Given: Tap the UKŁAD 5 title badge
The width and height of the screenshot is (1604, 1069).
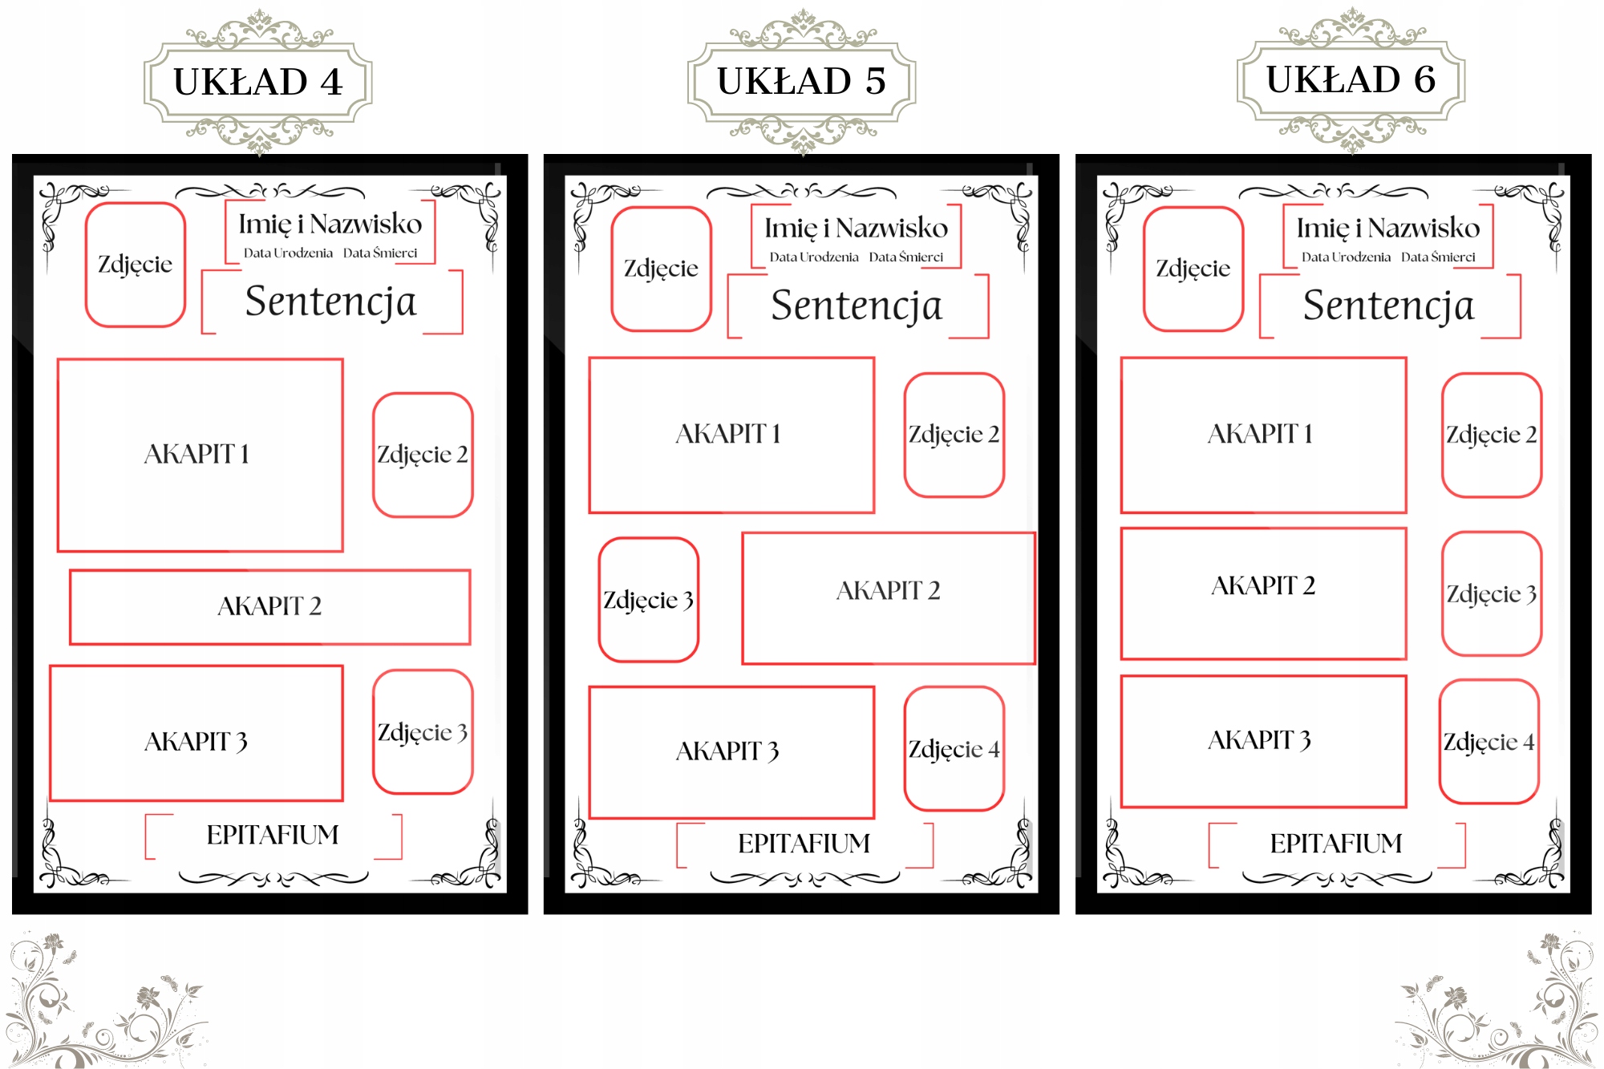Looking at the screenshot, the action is pyautogui.click(x=801, y=82).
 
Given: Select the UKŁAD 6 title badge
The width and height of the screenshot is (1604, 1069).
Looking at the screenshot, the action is pyautogui.click(x=1351, y=80).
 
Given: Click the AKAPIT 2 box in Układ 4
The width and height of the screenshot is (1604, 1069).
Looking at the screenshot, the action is pyautogui.click(x=269, y=607).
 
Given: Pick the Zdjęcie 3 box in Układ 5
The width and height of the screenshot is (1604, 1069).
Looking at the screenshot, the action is pyautogui.click(x=648, y=600).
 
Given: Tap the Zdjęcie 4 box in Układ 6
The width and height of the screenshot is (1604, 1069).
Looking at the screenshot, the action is pyautogui.click(x=1489, y=742).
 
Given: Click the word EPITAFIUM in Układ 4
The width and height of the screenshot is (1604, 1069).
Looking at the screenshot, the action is pyautogui.click(x=273, y=836).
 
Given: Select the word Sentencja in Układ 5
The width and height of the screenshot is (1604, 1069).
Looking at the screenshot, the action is pyautogui.click(x=857, y=306).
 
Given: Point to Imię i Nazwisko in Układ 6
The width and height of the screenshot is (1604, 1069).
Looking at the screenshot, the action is pyautogui.click(x=1387, y=229).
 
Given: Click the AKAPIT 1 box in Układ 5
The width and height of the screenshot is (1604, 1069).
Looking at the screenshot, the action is pyautogui.click(x=731, y=435).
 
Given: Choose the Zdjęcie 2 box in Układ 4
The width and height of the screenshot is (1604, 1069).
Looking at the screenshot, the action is pyautogui.click(x=423, y=455).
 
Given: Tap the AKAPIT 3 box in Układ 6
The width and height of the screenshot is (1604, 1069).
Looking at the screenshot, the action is pyautogui.click(x=1263, y=741).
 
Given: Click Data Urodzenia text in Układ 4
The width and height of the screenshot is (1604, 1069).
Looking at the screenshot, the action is pyautogui.click(x=288, y=253).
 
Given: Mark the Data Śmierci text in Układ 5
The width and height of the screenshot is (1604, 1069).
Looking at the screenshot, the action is pyautogui.click(x=905, y=257).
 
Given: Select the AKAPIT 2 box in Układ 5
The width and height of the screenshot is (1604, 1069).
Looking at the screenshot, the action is pyautogui.click(x=888, y=598).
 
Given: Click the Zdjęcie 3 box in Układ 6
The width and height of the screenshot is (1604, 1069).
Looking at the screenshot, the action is pyautogui.click(x=1491, y=594).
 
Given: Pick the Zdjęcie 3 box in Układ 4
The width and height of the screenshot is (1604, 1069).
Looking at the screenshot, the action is pyautogui.click(x=423, y=732).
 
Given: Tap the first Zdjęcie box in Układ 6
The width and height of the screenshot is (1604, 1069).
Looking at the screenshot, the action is pyautogui.click(x=1193, y=269).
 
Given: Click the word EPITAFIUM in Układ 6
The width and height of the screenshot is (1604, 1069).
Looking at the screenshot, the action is pyautogui.click(x=1336, y=844).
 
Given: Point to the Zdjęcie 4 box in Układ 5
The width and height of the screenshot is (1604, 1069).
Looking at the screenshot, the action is pyautogui.click(x=954, y=749).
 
